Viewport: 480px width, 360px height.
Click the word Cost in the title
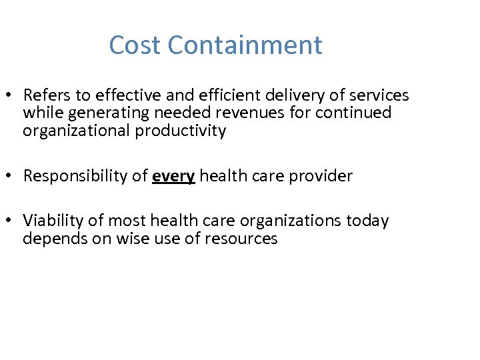point(135,45)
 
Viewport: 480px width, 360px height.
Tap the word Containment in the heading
point(245,45)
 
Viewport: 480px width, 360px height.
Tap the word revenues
point(253,113)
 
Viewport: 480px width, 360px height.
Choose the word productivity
point(181,131)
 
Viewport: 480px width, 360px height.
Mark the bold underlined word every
point(173,176)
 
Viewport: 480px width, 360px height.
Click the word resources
point(243,239)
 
